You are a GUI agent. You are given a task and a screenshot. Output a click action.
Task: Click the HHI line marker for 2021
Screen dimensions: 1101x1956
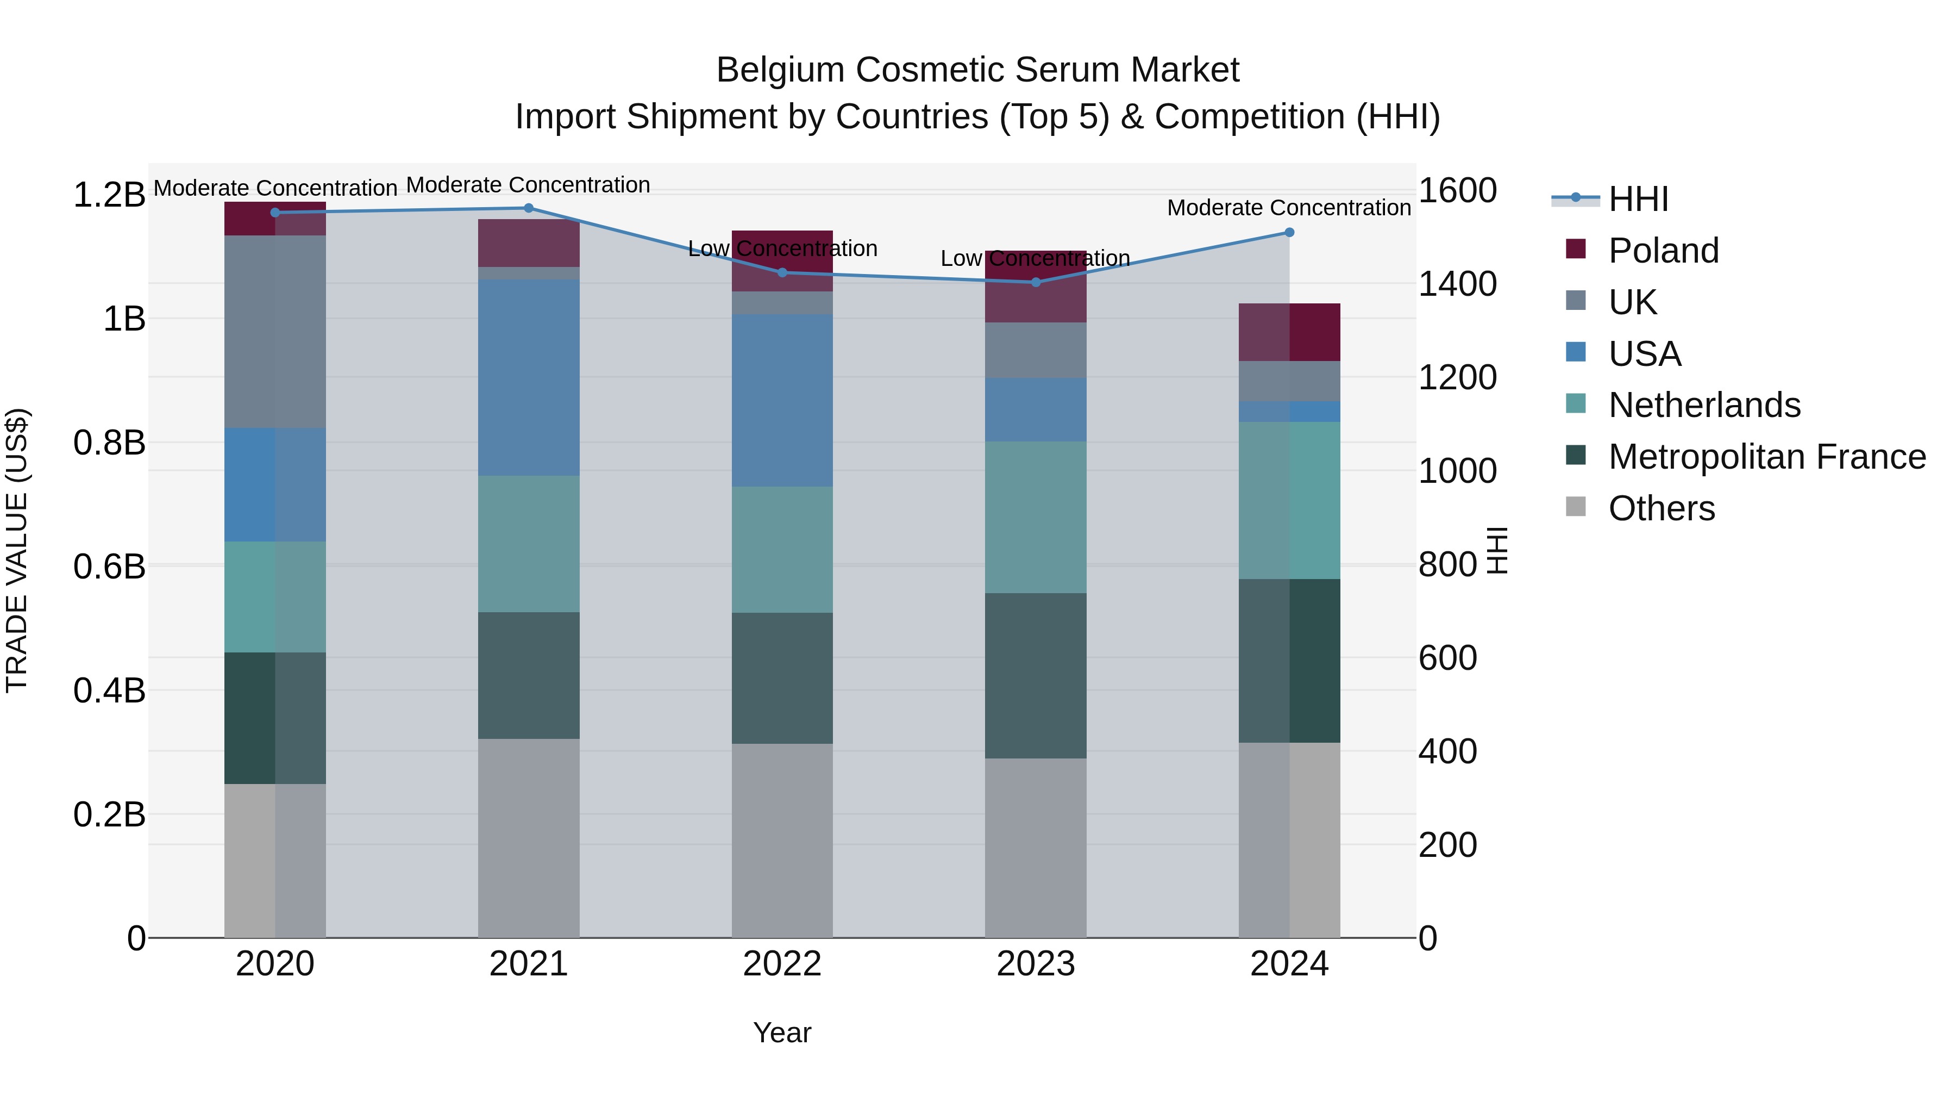529,208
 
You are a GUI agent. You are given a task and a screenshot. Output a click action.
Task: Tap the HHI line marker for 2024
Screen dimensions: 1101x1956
1289,233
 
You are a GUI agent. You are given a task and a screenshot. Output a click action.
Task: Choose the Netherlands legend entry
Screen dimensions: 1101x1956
1703,405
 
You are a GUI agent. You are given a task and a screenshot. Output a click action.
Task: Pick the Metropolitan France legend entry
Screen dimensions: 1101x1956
1766,457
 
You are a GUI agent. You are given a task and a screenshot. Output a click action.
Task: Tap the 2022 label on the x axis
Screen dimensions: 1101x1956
782,964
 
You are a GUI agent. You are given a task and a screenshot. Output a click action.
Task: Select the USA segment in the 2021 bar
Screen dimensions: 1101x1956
529,378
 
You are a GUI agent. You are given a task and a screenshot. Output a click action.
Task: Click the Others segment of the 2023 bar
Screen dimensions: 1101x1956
1036,847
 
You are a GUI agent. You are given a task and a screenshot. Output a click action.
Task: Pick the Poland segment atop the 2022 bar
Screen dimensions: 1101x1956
782,260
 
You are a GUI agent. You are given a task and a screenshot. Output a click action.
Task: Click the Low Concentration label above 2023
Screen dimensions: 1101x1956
1035,258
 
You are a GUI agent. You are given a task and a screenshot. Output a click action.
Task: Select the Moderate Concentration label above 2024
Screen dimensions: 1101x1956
1289,208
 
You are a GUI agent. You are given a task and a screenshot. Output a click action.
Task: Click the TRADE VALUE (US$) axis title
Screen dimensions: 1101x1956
17,550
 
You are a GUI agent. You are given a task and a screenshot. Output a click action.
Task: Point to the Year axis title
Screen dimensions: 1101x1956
782,1032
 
